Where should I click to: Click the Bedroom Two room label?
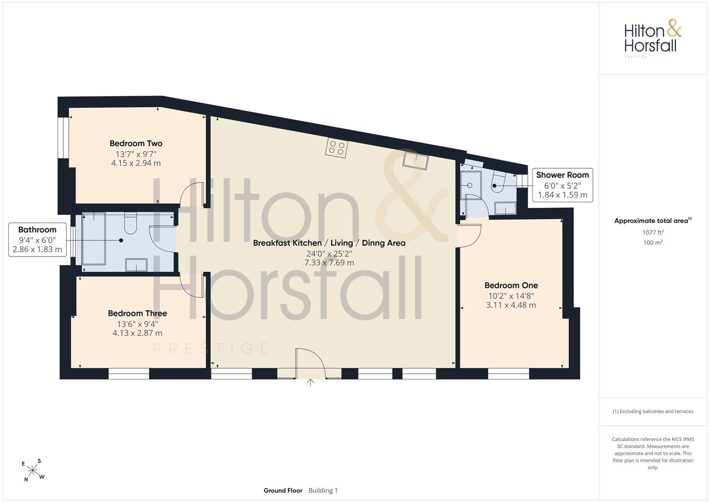(136, 144)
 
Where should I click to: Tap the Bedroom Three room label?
(137, 313)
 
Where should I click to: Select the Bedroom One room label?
(511, 285)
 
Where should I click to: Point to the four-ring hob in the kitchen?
(337, 148)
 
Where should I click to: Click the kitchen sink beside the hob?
(416, 161)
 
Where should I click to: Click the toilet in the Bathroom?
(130, 223)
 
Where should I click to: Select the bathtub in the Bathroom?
(94, 238)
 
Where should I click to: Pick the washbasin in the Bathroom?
(136, 265)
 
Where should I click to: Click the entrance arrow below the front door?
(310, 383)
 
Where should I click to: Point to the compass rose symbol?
(33, 470)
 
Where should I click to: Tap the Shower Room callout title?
(562, 175)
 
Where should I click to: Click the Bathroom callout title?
(37, 230)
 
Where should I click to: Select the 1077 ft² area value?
(653, 232)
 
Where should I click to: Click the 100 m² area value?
(653, 243)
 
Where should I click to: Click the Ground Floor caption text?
(283, 490)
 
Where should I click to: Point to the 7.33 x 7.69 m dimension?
(329, 263)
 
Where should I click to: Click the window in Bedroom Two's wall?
(63, 138)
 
